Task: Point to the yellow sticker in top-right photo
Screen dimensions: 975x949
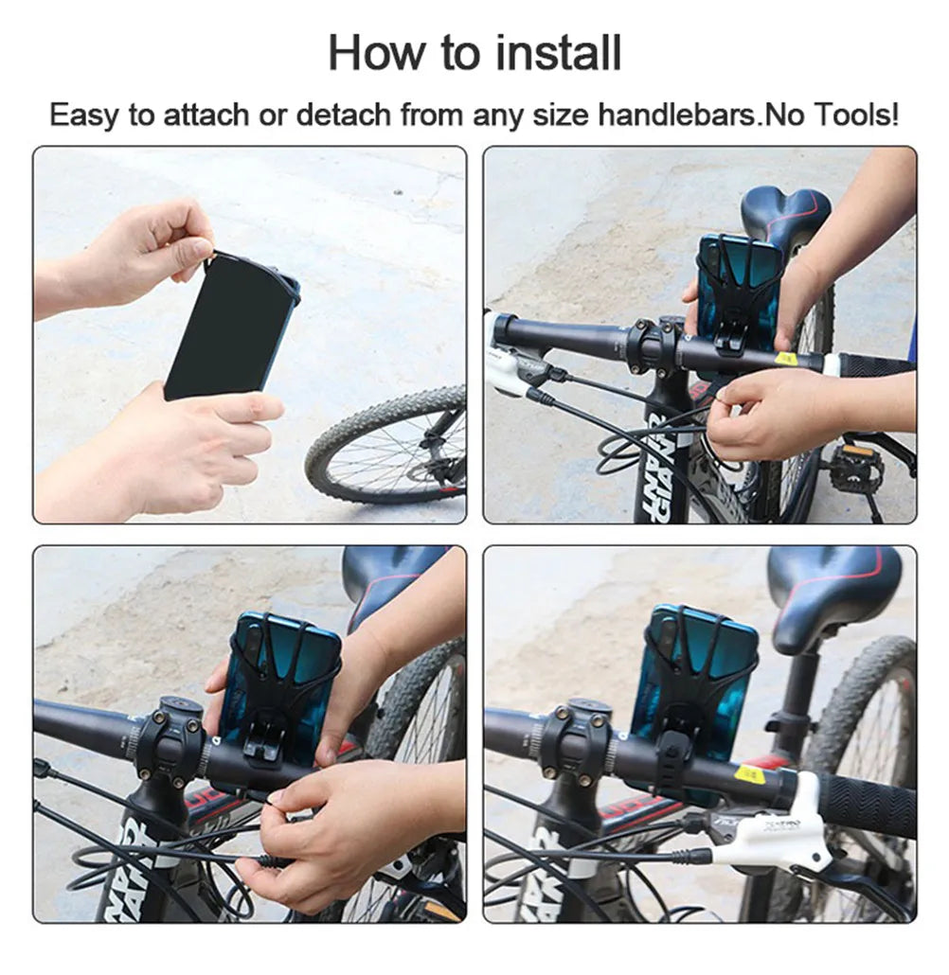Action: [x=785, y=358]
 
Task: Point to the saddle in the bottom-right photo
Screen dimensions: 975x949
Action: [x=833, y=592]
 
